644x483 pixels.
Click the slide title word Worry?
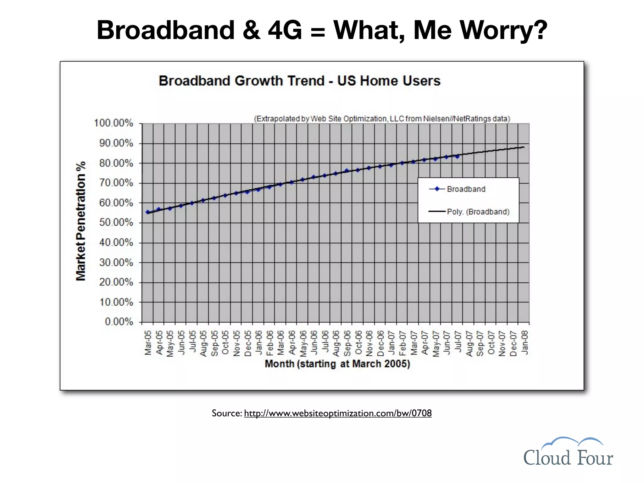pos(503,31)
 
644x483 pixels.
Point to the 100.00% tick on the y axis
pos(114,123)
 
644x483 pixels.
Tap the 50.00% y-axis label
pos(116,223)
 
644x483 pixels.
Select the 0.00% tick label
pos(119,322)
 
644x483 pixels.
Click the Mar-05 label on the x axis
pos(148,343)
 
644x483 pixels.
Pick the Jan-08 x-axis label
pos(525,343)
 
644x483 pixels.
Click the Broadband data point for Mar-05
pos(147,212)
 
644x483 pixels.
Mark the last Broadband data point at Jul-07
pos(458,157)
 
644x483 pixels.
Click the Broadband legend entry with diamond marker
pos(458,189)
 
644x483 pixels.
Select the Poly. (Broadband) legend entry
pos(469,212)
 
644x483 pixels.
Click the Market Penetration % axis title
pos(81,221)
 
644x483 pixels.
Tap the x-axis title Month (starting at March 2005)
pos(337,364)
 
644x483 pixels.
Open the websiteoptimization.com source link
pos(337,413)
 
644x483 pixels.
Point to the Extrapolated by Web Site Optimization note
pos(382,119)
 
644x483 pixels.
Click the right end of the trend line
pos(524,147)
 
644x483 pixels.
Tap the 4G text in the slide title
pos(285,31)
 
